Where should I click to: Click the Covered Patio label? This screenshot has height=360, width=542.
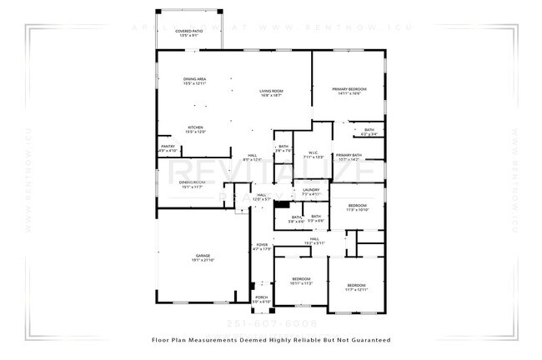[x=188, y=32]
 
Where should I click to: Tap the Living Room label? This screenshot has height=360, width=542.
[x=271, y=93]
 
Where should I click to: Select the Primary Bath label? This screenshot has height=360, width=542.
[x=349, y=157]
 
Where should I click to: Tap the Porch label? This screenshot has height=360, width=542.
[x=261, y=298]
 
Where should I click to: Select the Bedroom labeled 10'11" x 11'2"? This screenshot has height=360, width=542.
[x=301, y=281]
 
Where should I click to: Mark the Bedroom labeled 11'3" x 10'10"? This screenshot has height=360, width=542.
[x=357, y=207]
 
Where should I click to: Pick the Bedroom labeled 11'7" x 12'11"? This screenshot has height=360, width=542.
[x=356, y=287]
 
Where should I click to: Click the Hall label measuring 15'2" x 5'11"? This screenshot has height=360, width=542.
[x=315, y=241]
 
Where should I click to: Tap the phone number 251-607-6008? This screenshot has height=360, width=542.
[x=272, y=322]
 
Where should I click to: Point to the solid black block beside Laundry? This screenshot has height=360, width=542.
[x=282, y=204]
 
